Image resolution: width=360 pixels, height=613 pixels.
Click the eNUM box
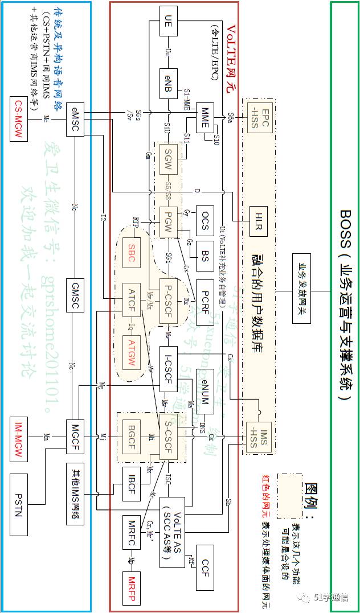(x=204, y=386)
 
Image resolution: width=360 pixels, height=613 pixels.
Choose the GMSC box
(x=75, y=295)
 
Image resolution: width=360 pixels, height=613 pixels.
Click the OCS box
(x=204, y=220)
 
